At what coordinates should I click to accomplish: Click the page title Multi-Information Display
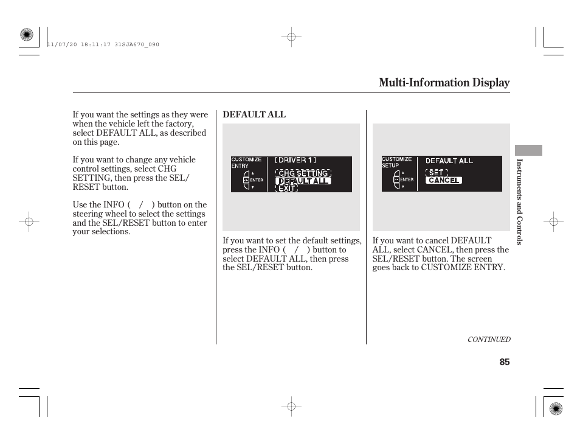(x=444, y=83)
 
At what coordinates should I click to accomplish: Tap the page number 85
(x=505, y=362)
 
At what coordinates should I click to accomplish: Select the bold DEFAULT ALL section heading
(x=254, y=114)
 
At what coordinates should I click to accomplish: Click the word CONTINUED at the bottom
(x=488, y=340)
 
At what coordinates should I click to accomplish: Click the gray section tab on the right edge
(x=528, y=150)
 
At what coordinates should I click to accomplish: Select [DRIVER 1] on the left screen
(x=295, y=161)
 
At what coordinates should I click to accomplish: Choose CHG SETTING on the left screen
(x=303, y=173)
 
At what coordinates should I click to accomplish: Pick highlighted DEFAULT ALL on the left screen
(x=303, y=181)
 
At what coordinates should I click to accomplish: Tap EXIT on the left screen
(x=286, y=189)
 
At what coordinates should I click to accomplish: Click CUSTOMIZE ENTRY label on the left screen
(x=246, y=162)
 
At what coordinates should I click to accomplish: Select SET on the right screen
(x=436, y=173)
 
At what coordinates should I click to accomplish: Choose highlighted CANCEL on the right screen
(x=444, y=180)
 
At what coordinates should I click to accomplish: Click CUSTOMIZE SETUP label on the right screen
(x=396, y=162)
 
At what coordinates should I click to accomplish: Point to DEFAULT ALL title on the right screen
(x=449, y=161)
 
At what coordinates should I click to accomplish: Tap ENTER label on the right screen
(x=407, y=179)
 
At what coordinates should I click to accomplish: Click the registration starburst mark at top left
(x=26, y=35)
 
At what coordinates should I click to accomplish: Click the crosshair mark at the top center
(x=291, y=37)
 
